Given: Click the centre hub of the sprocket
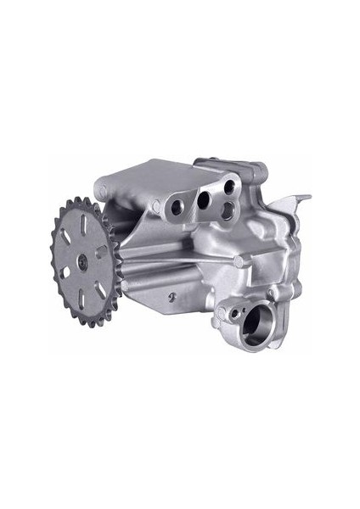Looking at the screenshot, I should [x=82, y=262].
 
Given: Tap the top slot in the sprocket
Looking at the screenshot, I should [x=84, y=226].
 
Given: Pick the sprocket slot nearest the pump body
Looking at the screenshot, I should [x=100, y=251].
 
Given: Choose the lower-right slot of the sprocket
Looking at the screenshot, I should [x=99, y=286].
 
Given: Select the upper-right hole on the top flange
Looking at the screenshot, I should [x=229, y=186].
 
